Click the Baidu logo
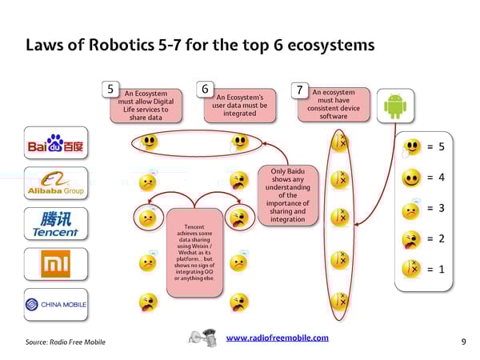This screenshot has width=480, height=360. coord(55,145)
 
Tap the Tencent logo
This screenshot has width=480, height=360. coord(55,223)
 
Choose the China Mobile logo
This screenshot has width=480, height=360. coord(55,303)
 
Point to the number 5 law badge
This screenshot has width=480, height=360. coord(114,90)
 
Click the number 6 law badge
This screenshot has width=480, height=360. coord(206,90)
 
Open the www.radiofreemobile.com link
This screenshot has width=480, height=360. coord(278,338)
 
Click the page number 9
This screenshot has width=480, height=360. coord(464,342)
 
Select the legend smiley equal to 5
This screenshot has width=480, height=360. coord(412,146)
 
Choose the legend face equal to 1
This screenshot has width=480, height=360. coord(412,270)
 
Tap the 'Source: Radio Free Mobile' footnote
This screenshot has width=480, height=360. coord(66,342)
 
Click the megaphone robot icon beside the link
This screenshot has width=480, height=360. coord(202,338)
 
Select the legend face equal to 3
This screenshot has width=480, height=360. coord(412,208)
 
